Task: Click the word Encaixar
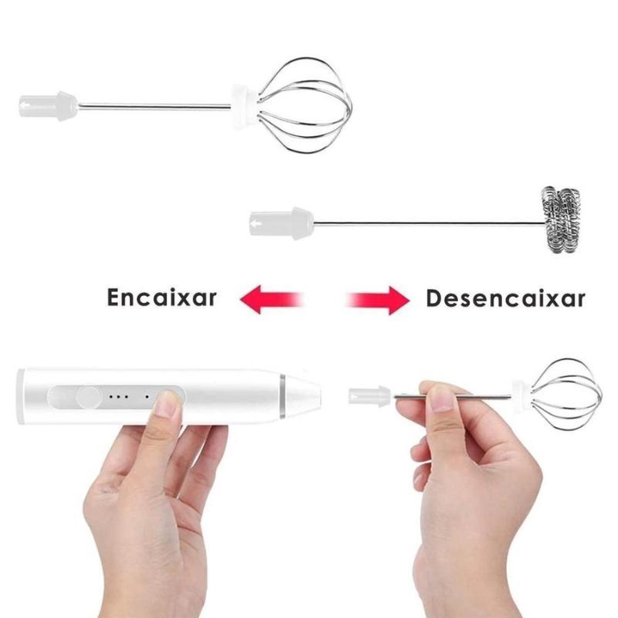pyautogui.click(x=161, y=297)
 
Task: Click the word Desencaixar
pyautogui.click(x=506, y=298)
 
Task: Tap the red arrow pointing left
pyautogui.click(x=272, y=299)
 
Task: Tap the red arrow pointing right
pyautogui.click(x=378, y=301)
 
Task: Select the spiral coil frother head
pyautogui.click(x=560, y=219)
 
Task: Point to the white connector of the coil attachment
pyautogui.click(x=282, y=223)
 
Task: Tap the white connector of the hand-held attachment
pyautogui.click(x=369, y=396)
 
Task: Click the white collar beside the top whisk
pyautogui.click(x=244, y=107)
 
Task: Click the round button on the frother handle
pyautogui.click(x=88, y=397)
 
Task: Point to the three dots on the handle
pyautogui.click(x=118, y=396)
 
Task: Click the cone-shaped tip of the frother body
pyautogui.click(x=304, y=396)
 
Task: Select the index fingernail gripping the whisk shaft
pyautogui.click(x=442, y=398)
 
